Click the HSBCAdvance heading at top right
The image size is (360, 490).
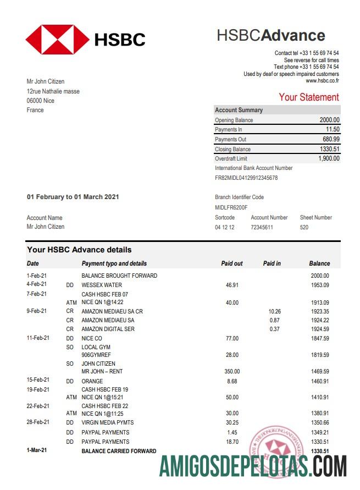tap(270, 36)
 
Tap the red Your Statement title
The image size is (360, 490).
tap(308, 97)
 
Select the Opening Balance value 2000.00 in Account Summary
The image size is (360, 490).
tap(329, 120)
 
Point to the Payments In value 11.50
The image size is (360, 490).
tap(333, 130)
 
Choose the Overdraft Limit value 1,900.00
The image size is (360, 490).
tap(329, 159)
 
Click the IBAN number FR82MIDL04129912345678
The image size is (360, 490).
tap(246, 178)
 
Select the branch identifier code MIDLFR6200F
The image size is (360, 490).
tap(231, 208)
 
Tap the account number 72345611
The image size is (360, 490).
tap(262, 227)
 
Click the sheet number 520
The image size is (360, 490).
tap(304, 227)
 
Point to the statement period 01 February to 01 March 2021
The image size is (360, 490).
tap(73, 197)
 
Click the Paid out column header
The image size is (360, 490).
tap(231, 263)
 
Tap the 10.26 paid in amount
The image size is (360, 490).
tap(274, 311)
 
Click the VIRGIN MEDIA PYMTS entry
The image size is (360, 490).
tap(108, 423)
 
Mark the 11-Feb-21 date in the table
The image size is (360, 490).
tap(37, 338)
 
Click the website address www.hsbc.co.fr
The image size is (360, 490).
tap(322, 81)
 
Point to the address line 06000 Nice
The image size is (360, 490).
tap(40, 101)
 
